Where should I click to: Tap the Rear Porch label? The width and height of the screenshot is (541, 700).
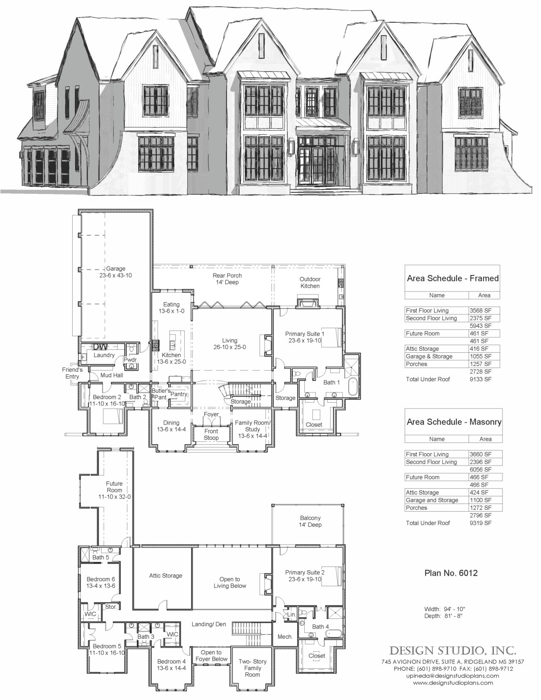click(x=227, y=279)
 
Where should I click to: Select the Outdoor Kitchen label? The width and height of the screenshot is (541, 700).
click(x=310, y=282)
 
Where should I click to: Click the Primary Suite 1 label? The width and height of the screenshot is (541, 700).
click(x=304, y=337)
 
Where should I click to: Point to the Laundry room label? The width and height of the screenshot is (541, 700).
click(x=104, y=355)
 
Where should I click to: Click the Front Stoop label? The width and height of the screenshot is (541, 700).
click(x=211, y=434)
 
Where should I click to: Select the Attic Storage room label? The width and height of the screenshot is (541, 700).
click(x=165, y=575)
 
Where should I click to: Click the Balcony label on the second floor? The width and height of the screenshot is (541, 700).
click(x=310, y=521)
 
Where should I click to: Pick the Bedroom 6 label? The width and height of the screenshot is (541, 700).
click(x=101, y=583)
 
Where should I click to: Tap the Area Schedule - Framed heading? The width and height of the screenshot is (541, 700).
click(x=452, y=278)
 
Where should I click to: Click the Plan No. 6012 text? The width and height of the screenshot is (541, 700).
click(x=451, y=573)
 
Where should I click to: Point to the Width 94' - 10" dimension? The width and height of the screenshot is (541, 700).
click(x=445, y=609)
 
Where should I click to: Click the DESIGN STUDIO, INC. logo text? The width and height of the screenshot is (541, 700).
click(x=452, y=649)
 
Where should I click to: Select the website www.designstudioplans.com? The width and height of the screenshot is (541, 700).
click(x=453, y=682)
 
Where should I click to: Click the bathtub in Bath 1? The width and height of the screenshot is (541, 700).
click(x=353, y=386)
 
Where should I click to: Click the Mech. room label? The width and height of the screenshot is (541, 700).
click(x=285, y=637)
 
